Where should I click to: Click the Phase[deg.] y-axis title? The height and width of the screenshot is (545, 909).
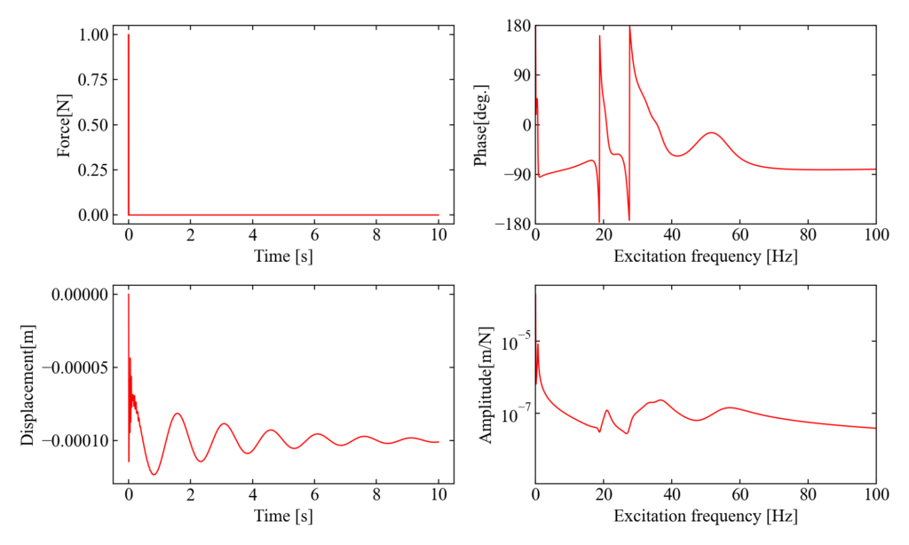(481, 126)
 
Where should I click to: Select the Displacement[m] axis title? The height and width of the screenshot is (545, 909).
(28, 384)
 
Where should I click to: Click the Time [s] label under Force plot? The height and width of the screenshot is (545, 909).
(283, 257)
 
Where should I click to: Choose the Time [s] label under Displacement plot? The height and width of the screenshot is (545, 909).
(283, 516)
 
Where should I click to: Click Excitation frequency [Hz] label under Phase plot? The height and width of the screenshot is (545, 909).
(706, 257)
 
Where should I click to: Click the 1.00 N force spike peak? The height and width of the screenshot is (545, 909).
(129, 36)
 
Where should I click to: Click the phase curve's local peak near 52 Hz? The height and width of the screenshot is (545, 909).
(712, 133)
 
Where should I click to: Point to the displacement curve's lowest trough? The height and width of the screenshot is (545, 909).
(154, 474)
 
